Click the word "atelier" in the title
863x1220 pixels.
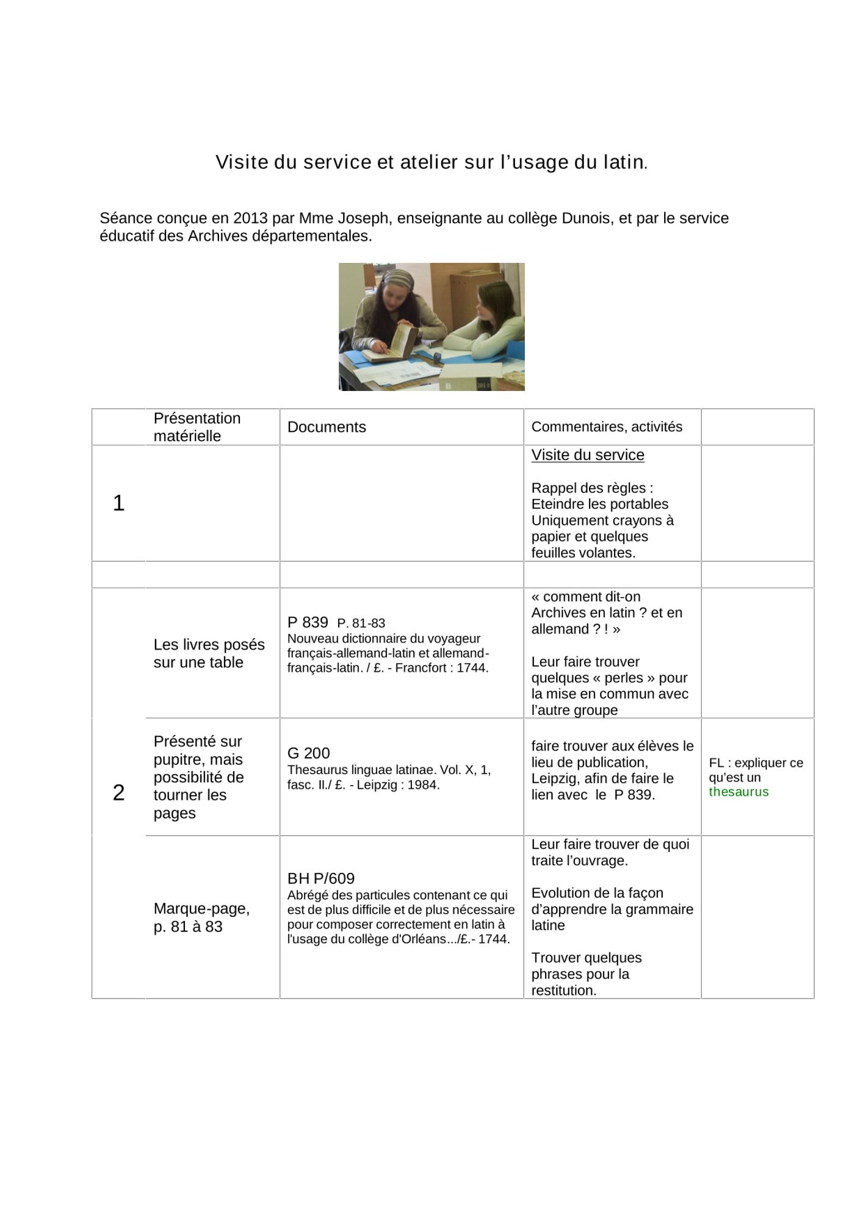pyautogui.click(x=428, y=162)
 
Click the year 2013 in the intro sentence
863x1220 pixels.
pyautogui.click(x=250, y=218)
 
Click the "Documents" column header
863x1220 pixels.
pyautogui.click(x=327, y=427)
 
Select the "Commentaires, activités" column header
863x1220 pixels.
pyautogui.click(x=607, y=427)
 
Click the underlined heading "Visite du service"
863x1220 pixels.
pyautogui.click(x=588, y=455)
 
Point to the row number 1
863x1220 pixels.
pyautogui.click(x=118, y=503)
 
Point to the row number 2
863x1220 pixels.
pyautogui.click(x=118, y=792)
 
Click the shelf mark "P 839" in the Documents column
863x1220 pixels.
pyautogui.click(x=308, y=622)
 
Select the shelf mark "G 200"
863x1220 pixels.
pyautogui.click(x=308, y=753)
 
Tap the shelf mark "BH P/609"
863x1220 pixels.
pyautogui.click(x=321, y=878)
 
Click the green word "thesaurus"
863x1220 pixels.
pyautogui.click(x=738, y=792)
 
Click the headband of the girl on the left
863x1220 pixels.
pyautogui.click(x=400, y=279)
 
